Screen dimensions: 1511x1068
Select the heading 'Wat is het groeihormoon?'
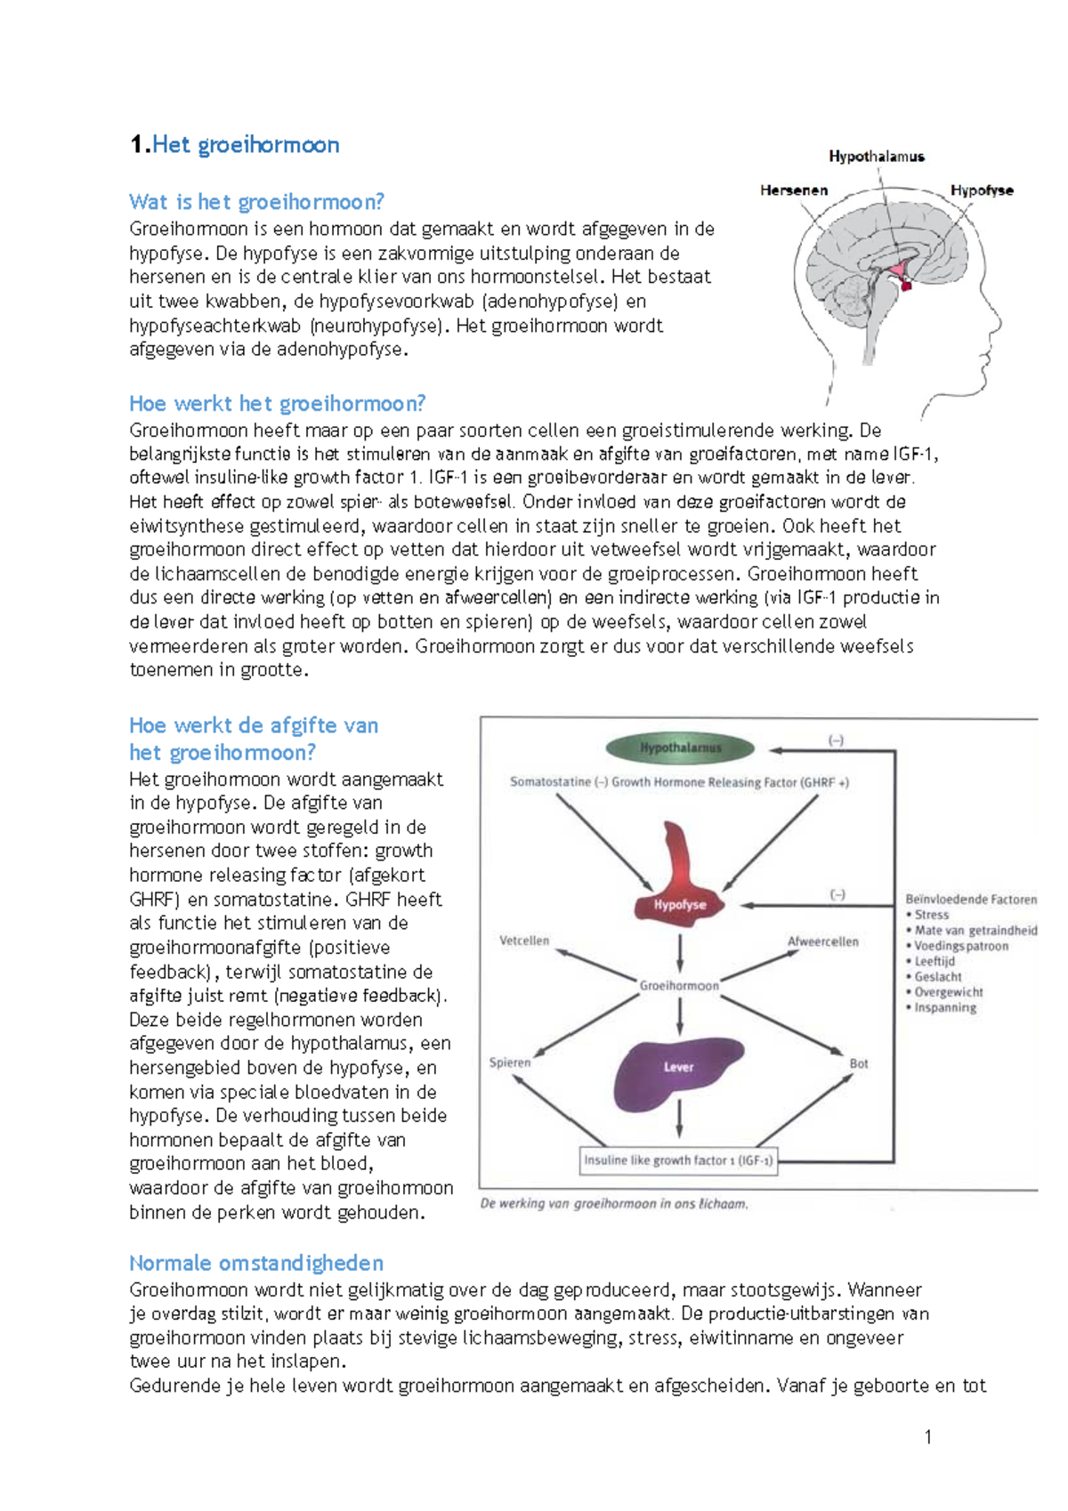(x=256, y=202)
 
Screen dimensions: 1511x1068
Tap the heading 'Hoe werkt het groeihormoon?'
(x=277, y=404)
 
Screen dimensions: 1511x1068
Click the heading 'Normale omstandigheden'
(x=256, y=1263)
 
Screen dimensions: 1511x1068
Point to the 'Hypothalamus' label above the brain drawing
(x=877, y=157)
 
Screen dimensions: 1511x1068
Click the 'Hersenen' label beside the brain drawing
(x=794, y=190)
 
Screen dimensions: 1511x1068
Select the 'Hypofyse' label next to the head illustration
(x=982, y=190)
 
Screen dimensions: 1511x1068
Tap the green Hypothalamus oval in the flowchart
(x=680, y=748)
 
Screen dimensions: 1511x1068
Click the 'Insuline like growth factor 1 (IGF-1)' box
(x=678, y=1160)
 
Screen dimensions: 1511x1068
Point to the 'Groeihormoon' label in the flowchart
(x=679, y=985)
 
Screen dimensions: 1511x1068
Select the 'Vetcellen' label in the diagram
(x=524, y=941)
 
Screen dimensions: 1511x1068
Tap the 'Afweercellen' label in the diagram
(x=822, y=941)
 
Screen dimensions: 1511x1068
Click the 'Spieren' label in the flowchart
(x=510, y=1063)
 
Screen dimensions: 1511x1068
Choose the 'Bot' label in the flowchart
(x=858, y=1063)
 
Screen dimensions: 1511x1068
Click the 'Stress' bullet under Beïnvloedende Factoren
(x=931, y=915)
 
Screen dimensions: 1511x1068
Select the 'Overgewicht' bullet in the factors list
(x=949, y=992)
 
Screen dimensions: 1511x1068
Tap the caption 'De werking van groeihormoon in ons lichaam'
(x=614, y=1204)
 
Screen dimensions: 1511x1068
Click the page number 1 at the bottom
(x=928, y=1436)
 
